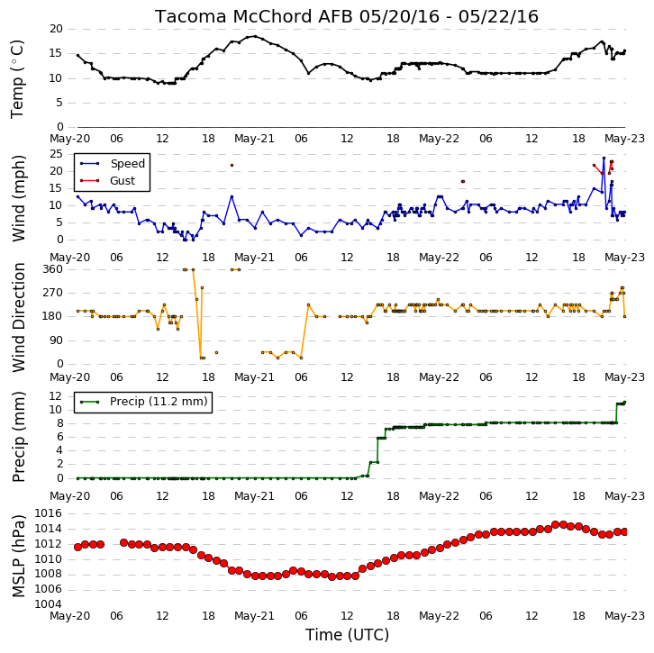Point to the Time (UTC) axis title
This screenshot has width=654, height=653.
tap(347, 635)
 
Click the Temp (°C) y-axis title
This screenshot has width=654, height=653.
tap(17, 79)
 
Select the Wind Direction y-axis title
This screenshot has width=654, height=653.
tap(18, 317)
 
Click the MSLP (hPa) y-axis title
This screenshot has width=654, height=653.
tap(18, 556)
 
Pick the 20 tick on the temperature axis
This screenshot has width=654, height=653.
tap(56, 29)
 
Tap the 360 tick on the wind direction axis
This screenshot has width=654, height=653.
tap(52, 269)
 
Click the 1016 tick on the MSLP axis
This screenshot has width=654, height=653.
tap(48, 512)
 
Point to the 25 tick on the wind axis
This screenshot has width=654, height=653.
tap(56, 154)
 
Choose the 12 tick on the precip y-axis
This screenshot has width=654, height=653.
tap(56, 395)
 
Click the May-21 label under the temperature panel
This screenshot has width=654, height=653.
tap(254, 139)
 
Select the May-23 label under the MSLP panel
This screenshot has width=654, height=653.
tap(624, 615)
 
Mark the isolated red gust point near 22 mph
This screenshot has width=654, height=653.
tap(232, 166)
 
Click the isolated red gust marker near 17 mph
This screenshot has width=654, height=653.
tap(463, 181)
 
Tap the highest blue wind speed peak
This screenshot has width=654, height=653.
tap(604, 158)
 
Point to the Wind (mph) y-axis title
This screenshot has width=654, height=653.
tap(18, 198)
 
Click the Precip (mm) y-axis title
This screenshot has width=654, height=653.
tap(18, 437)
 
